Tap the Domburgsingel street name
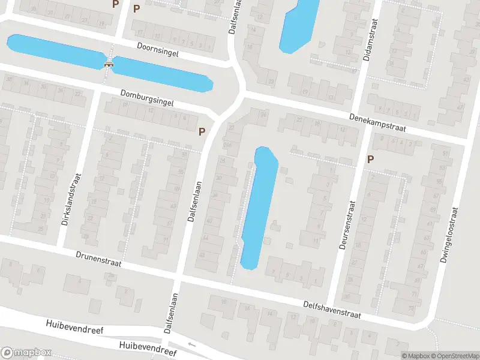pos(147,98)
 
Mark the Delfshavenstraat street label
pos(331,310)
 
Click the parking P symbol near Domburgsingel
pos(202,131)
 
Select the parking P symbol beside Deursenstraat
pos(371,159)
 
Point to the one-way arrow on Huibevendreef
pos(192,344)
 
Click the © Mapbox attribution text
pos(415,356)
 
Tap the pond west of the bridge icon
pos(54,51)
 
